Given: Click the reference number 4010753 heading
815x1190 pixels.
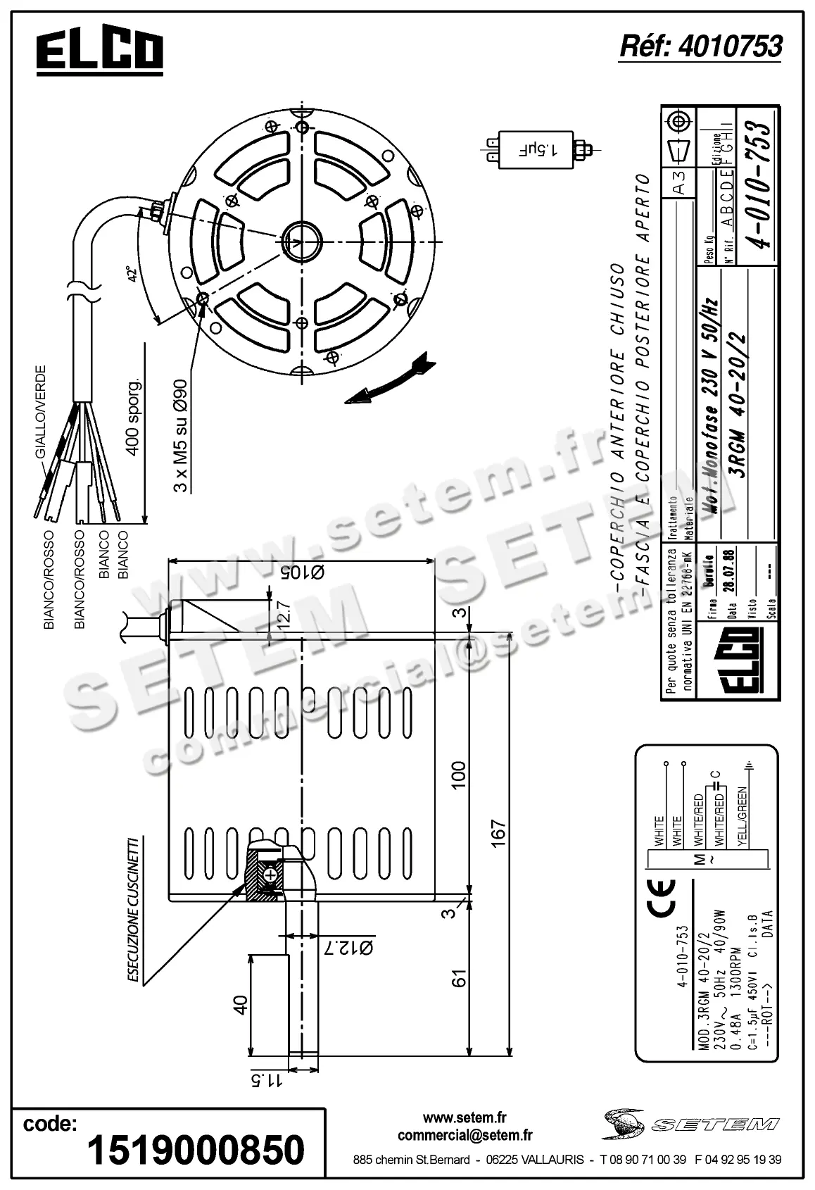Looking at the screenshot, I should point(700,46).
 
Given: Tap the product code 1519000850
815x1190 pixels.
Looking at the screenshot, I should point(196,1150).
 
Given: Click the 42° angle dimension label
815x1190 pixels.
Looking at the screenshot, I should point(130,274).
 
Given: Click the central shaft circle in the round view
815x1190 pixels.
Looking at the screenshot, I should point(303,240).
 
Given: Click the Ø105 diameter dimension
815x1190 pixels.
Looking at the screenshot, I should point(301,572).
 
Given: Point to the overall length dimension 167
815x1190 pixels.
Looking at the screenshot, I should point(498,834).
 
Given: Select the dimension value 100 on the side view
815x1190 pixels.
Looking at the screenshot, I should point(458,775).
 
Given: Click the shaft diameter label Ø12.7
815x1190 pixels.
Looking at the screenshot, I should point(347,948).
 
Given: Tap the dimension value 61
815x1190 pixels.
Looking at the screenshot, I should point(459,979).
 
